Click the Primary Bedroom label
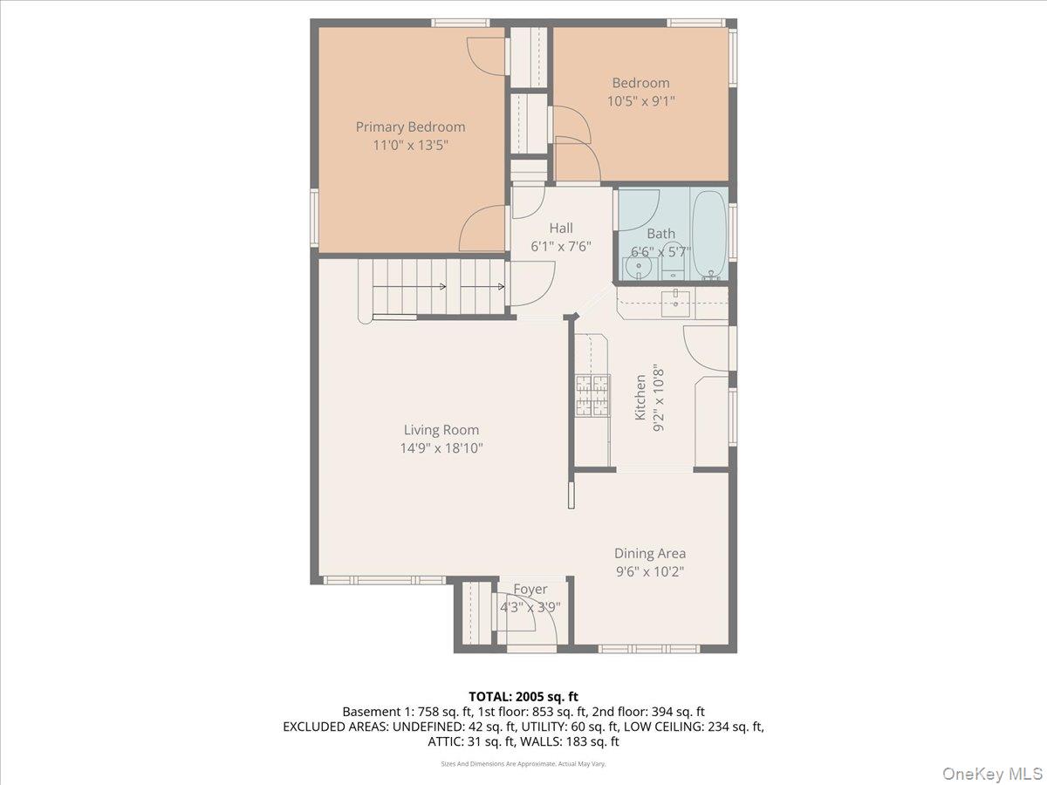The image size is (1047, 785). (410, 127)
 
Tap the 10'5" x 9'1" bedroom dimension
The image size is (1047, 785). (640, 101)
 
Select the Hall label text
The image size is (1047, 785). (561, 228)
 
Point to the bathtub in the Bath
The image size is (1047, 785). (709, 235)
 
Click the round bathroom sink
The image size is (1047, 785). (638, 269)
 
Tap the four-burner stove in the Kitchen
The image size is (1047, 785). (592, 396)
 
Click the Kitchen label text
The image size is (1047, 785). (640, 398)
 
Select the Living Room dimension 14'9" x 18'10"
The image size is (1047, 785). (441, 448)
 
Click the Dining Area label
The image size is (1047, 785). (650, 553)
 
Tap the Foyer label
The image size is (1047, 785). (530, 590)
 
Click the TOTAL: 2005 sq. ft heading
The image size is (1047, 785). (523, 697)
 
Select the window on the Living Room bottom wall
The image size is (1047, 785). (385, 580)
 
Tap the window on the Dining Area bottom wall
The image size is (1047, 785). (649, 649)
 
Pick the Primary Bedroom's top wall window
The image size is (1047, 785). (461, 23)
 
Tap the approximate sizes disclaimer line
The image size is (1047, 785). (523, 763)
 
